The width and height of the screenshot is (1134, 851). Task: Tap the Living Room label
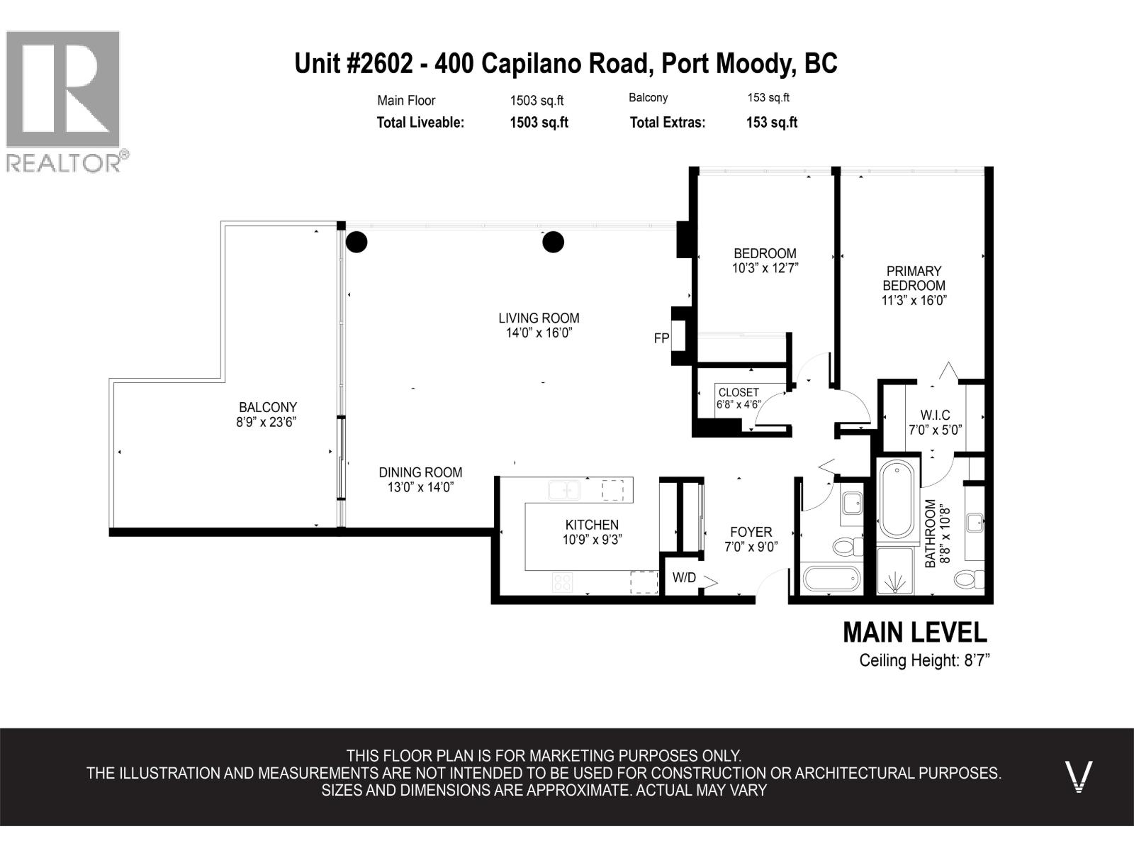(539, 318)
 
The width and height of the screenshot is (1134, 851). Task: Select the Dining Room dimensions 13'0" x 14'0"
(420, 487)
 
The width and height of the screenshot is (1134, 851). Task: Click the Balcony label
(267, 407)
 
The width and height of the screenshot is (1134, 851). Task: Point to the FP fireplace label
(661, 339)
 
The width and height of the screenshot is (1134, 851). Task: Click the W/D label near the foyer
(684, 578)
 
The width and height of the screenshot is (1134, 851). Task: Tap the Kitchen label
(592, 525)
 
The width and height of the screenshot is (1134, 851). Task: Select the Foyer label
(751, 532)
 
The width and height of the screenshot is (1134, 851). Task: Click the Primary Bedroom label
(914, 278)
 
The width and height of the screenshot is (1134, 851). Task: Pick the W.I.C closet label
(935, 415)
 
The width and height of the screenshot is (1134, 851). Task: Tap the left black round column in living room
(357, 243)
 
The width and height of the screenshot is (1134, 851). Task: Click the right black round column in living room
(553, 243)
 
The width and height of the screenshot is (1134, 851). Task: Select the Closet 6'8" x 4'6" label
(739, 399)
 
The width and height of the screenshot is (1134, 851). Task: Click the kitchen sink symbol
(564, 490)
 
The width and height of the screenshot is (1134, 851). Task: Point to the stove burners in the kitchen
(563, 582)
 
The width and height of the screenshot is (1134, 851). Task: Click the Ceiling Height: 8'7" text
(924, 660)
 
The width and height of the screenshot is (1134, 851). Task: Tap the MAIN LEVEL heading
(914, 632)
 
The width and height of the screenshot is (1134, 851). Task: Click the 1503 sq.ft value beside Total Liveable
(539, 122)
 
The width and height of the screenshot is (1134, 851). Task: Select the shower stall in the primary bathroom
(896, 570)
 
